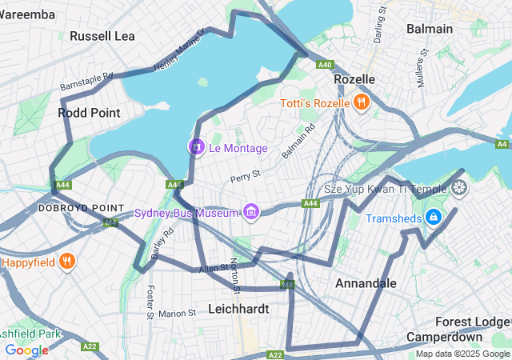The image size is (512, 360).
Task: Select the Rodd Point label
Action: pyautogui.click(x=89, y=113)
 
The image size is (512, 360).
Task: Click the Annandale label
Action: pyautogui.click(x=366, y=283)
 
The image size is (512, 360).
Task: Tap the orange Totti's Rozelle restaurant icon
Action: pyautogui.click(x=362, y=102)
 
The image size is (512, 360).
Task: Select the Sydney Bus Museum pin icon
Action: pyautogui.click(x=251, y=212)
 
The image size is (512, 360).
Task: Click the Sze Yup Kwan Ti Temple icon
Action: pyautogui.click(x=459, y=189)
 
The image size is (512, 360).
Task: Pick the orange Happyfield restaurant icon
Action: pyautogui.click(x=68, y=261)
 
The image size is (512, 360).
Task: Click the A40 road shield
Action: pyautogui.click(x=324, y=65)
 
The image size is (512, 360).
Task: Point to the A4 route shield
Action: pyautogui.click(x=502, y=144)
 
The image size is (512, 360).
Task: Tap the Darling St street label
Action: pyautogui.click(x=381, y=26)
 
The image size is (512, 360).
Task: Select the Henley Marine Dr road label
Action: pyautogui.click(x=179, y=50)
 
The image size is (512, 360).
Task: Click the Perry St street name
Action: pyautogui.click(x=245, y=174)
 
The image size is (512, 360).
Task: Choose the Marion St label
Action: pyautogui.click(x=177, y=314)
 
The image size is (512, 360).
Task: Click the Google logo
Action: pyautogui.click(x=26, y=350)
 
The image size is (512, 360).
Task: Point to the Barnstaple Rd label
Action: pyautogui.click(x=86, y=82)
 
